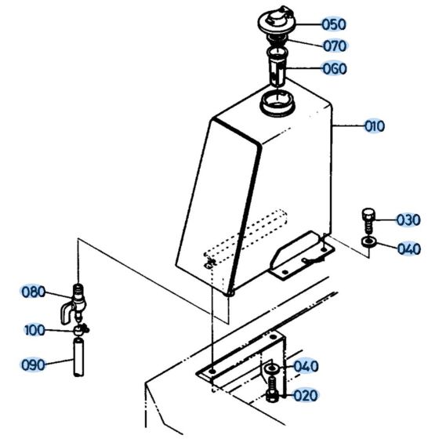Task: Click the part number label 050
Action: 335,24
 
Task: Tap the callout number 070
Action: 335,45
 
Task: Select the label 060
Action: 335,68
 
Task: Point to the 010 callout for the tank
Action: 374,125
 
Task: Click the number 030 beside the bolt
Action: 408,220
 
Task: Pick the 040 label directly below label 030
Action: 408,249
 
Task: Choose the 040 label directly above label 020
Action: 305,367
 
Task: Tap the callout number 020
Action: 305,396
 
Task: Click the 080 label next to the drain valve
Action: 33,292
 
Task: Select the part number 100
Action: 34,330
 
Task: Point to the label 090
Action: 33,364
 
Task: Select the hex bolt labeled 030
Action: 369,216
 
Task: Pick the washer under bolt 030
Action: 369,240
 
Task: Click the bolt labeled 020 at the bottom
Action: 272,388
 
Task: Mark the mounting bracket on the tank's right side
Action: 302,255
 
